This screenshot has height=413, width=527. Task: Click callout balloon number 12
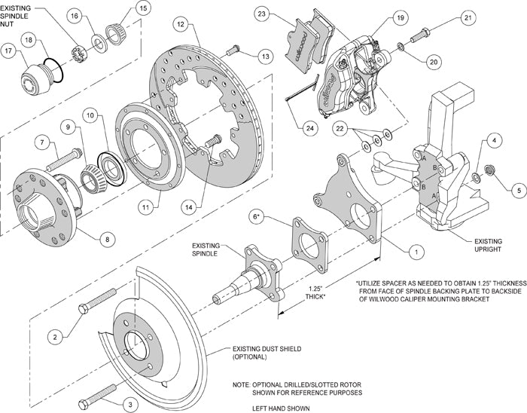(180, 24)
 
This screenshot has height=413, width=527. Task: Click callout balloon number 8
(105, 239)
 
